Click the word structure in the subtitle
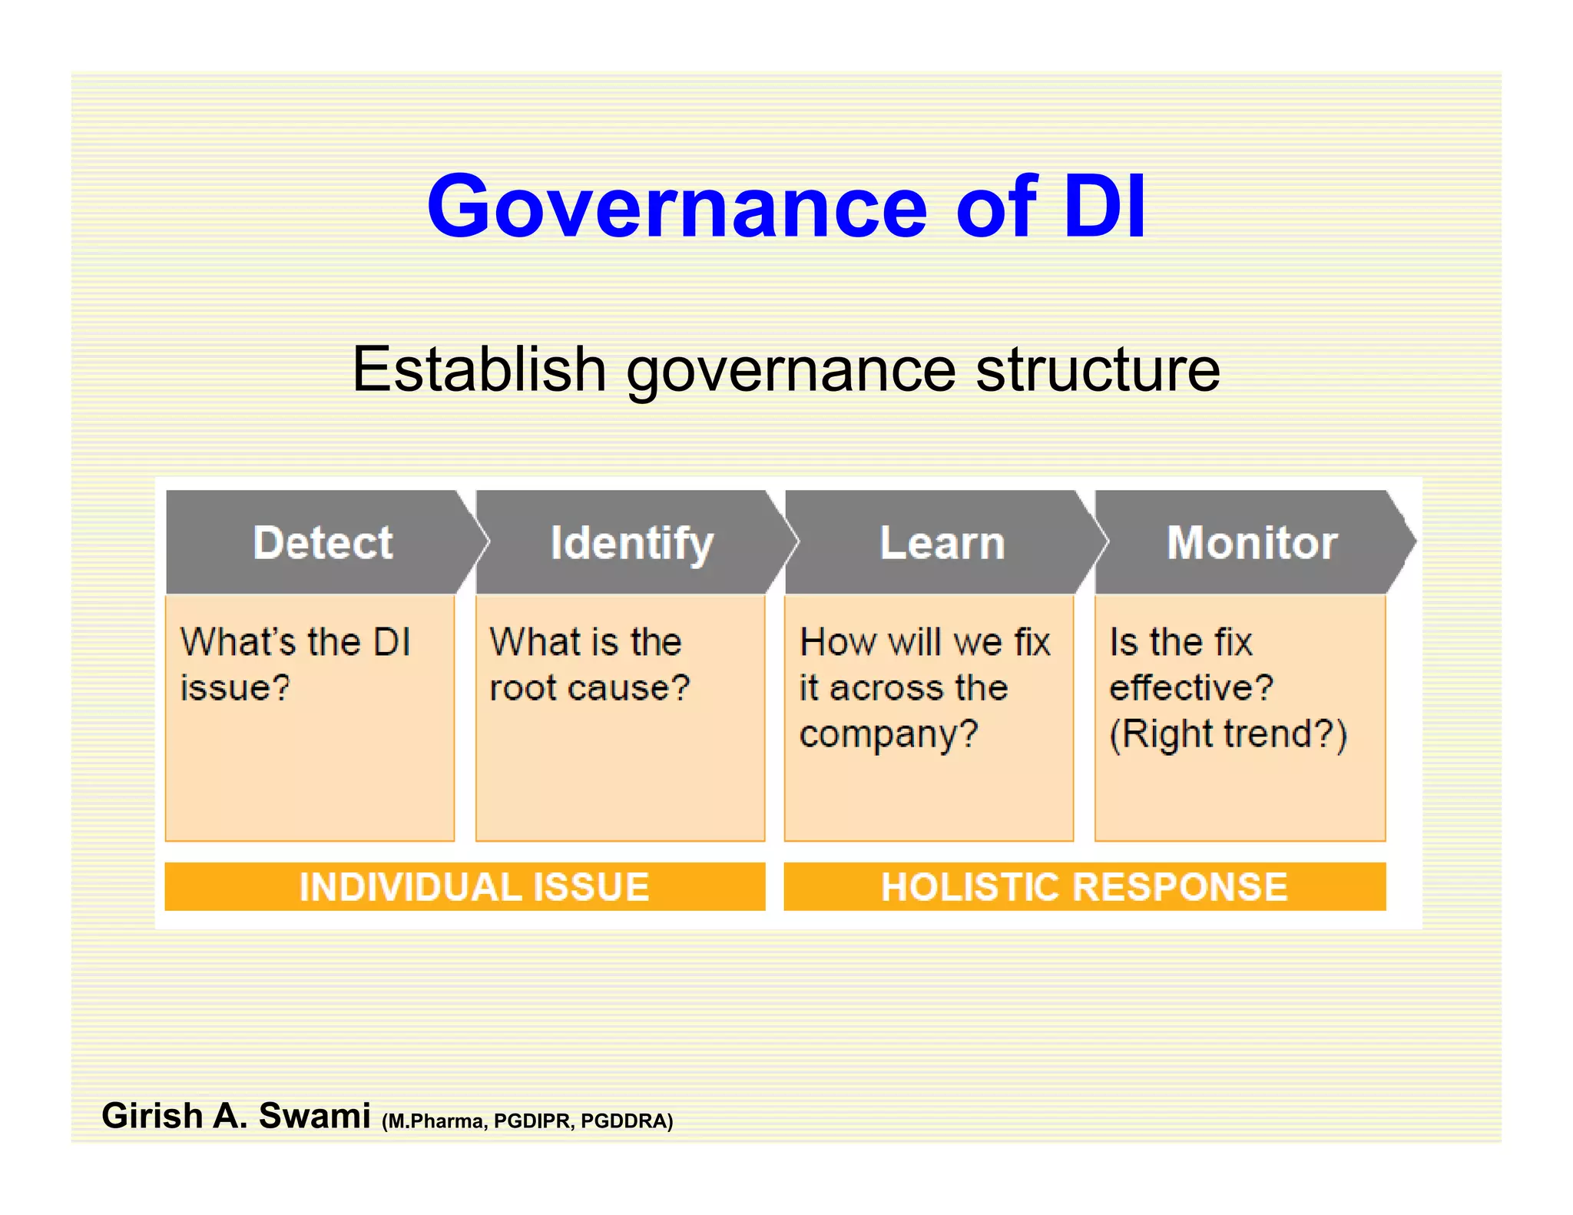click(1098, 369)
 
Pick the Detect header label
click(323, 543)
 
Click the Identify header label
click(632, 544)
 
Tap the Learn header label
click(942, 543)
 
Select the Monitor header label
click(1252, 543)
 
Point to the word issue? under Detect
click(235, 687)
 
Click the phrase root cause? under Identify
click(590, 687)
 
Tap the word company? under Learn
click(889, 733)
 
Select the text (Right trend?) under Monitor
click(1228, 733)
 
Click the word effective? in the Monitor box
click(1191, 687)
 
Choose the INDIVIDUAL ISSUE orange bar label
click(474, 887)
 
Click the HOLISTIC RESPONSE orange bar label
click(1084, 887)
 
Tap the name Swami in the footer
click(314, 1116)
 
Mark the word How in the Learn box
click(836, 642)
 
